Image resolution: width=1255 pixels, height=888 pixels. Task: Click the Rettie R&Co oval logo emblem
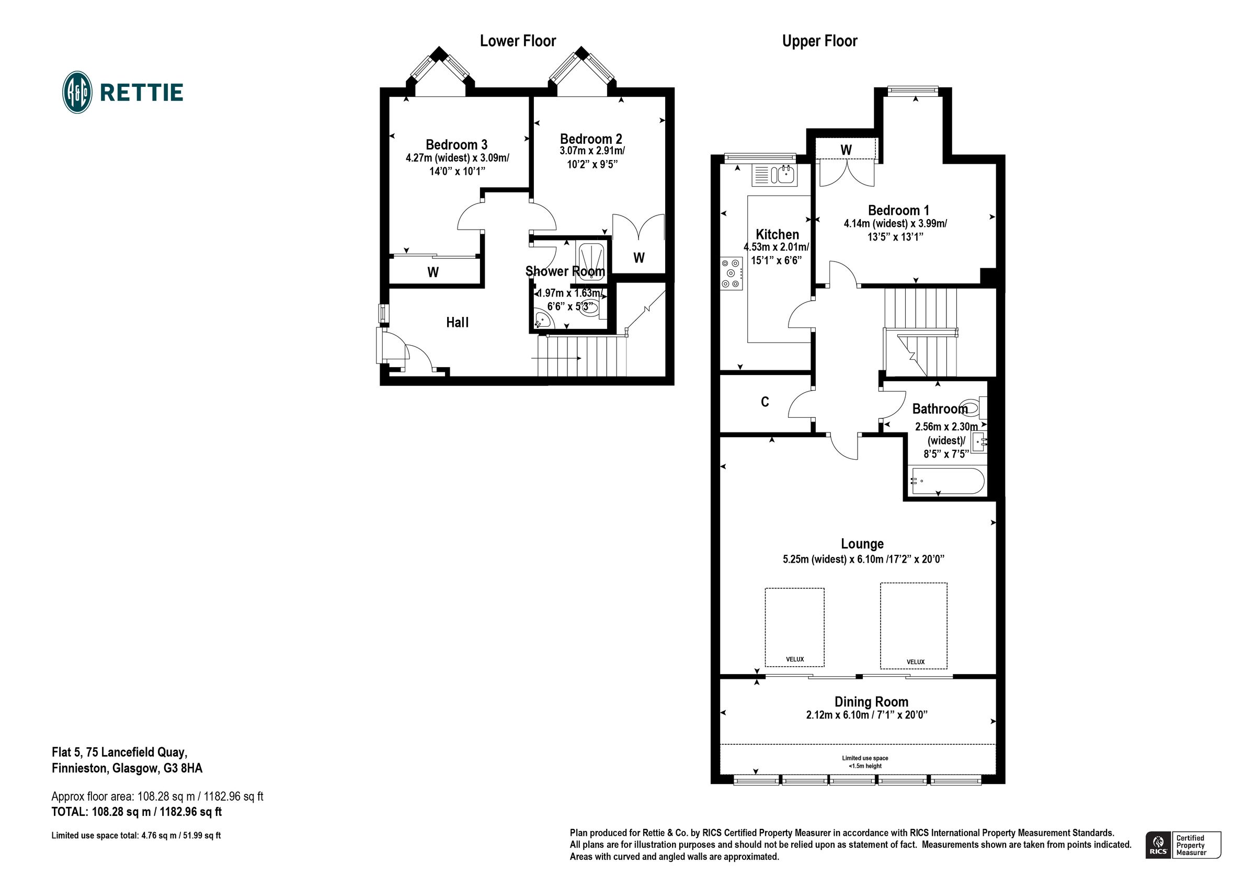(77, 93)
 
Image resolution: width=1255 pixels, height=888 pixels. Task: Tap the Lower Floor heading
(517, 41)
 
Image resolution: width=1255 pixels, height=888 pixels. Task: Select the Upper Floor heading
(819, 41)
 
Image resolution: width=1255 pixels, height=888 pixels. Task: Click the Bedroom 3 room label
(456, 144)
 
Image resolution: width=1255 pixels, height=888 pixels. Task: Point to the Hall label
(457, 323)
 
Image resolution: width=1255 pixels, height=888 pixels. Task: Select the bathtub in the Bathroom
(946, 481)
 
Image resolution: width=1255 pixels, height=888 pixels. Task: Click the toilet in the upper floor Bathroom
(974, 407)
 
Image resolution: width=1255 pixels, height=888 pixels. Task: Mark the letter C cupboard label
(765, 402)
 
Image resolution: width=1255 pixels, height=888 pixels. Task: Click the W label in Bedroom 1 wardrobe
(846, 150)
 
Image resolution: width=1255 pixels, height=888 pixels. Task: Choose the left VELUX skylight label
(795, 659)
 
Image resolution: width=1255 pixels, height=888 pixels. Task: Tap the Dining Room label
(871, 701)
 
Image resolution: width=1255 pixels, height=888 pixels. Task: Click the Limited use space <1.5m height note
(865, 761)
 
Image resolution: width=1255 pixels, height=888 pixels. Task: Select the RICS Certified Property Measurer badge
(1183, 845)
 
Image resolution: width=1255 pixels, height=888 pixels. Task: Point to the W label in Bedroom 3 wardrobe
(433, 272)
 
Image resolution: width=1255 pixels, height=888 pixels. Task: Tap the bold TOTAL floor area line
(136, 812)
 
